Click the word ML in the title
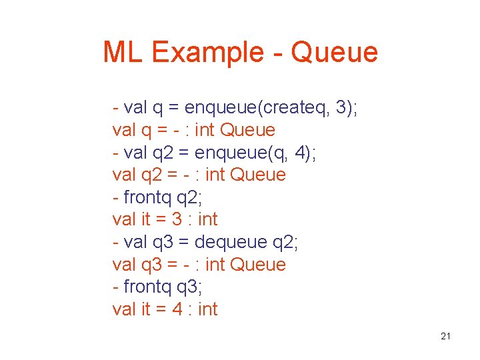tap(123, 52)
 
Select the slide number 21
tap(446, 336)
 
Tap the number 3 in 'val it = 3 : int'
tap(176, 219)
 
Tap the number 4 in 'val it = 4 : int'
tap(176, 309)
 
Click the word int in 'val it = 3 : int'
tap(208, 219)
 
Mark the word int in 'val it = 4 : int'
tap(208, 309)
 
